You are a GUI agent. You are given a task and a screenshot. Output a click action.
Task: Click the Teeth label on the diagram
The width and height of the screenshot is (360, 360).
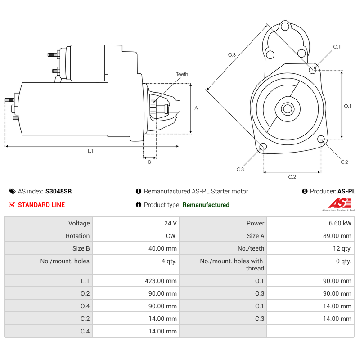click(182, 74)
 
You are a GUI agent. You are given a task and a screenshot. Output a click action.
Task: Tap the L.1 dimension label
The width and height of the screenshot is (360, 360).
click(90, 151)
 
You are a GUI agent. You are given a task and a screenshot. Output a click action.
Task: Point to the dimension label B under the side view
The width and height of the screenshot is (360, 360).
click(149, 162)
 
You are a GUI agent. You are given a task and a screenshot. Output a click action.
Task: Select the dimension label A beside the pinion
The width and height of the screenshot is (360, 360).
click(196, 108)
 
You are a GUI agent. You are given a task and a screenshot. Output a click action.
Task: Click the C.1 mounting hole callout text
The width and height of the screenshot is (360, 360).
click(337, 47)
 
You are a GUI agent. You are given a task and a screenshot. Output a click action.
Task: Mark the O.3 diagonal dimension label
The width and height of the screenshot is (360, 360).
click(232, 54)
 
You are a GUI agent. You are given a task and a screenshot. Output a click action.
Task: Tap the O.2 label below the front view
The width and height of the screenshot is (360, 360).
click(292, 177)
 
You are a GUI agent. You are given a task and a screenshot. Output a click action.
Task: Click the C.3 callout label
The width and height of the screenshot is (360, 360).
click(240, 169)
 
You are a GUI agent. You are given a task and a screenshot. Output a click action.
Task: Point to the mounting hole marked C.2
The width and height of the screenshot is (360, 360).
click(321, 139)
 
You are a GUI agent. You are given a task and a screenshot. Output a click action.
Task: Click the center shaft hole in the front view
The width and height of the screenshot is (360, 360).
click(287, 109)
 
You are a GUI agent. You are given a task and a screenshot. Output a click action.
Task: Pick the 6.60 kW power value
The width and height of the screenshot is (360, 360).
click(342, 223)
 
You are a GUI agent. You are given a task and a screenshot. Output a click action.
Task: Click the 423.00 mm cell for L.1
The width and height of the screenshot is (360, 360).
click(161, 281)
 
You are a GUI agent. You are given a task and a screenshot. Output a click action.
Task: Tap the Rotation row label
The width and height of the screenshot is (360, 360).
click(77, 236)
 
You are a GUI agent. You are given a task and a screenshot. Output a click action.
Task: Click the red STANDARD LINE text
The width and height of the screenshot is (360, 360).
click(41, 205)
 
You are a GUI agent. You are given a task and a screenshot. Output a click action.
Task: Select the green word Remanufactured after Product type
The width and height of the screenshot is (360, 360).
click(206, 205)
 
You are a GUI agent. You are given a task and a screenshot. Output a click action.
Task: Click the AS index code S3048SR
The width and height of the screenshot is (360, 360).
click(58, 191)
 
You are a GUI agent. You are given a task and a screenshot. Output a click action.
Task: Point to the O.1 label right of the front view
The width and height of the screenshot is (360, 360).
click(347, 106)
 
